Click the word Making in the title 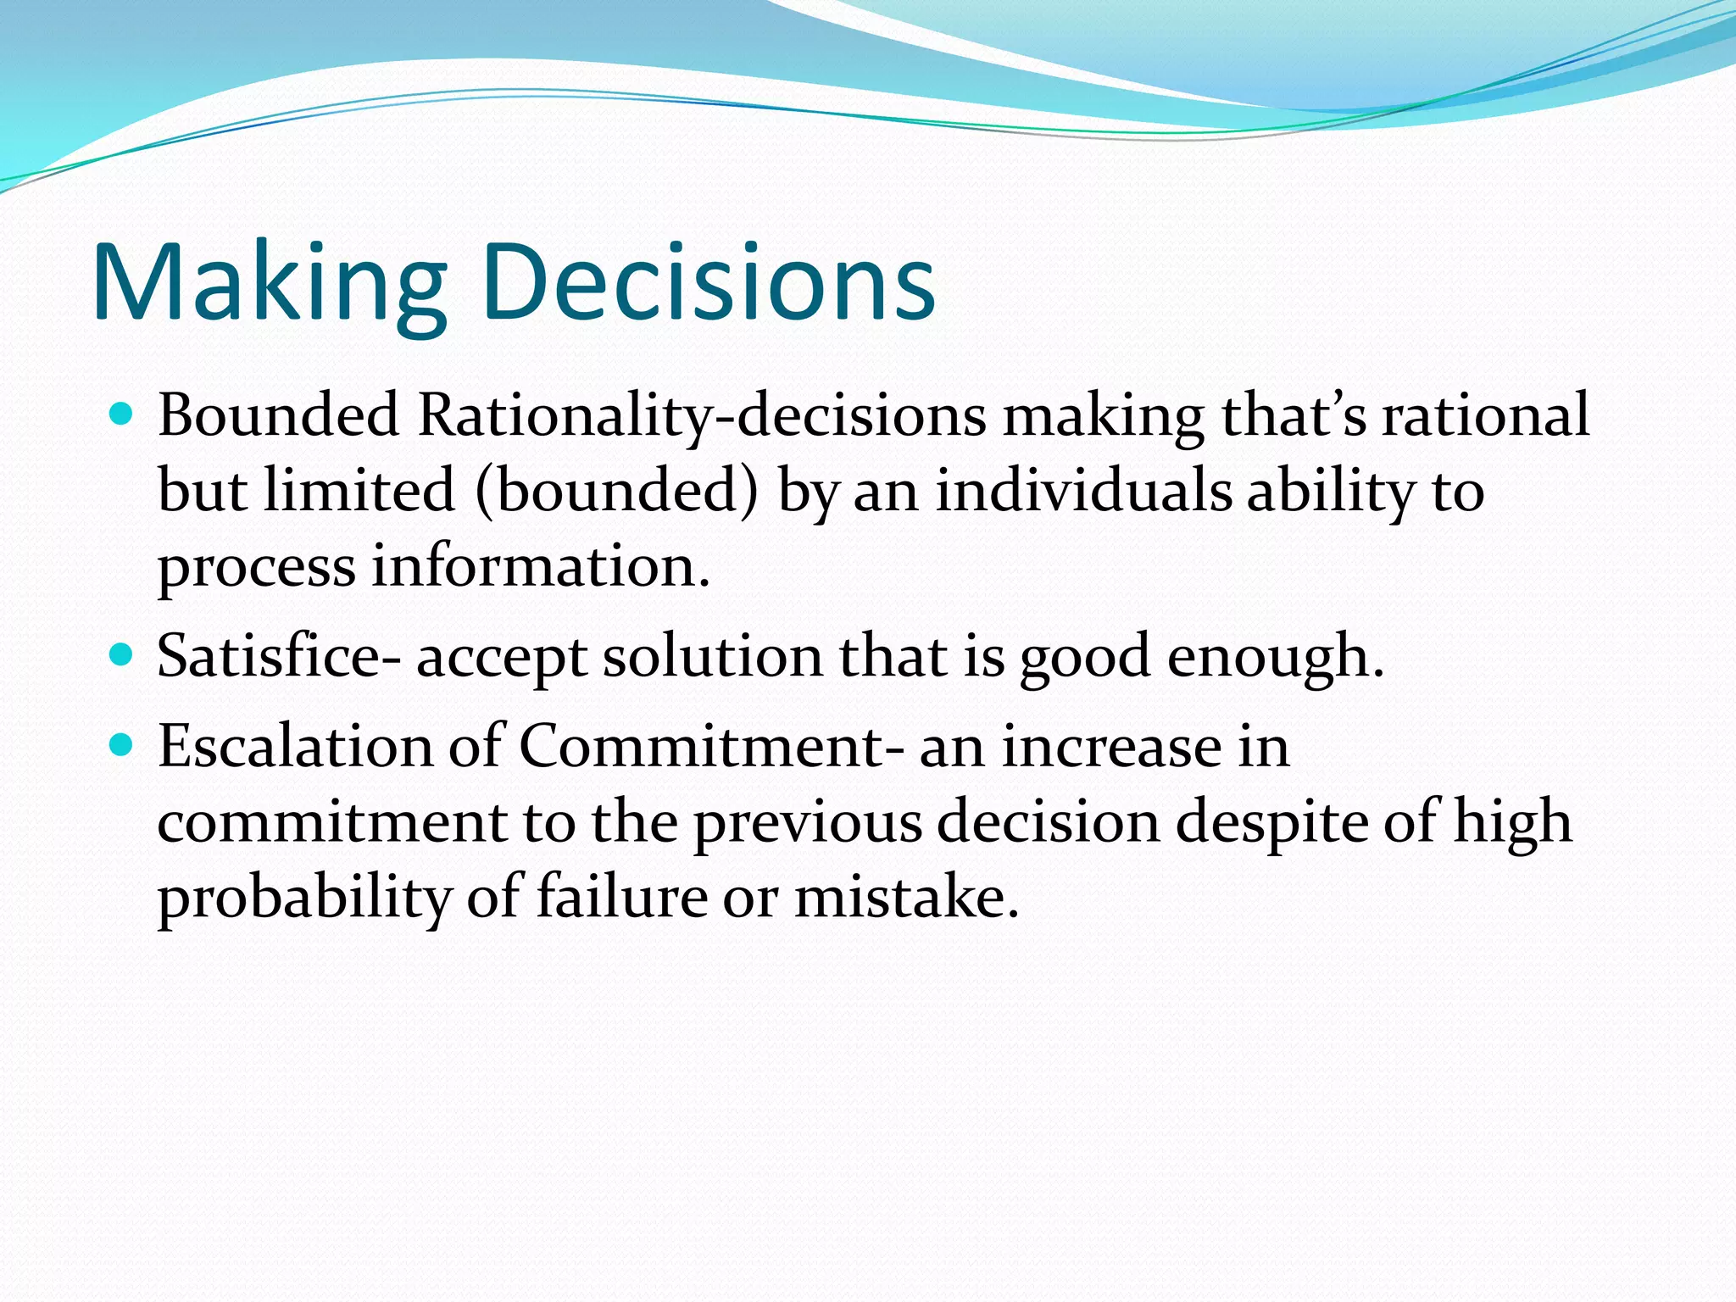(x=270, y=284)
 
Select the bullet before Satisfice (x=123, y=655)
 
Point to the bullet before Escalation (x=123, y=745)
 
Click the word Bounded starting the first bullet (x=278, y=415)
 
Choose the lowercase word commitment (x=331, y=821)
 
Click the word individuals (x=1083, y=491)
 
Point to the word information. (x=540, y=566)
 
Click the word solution (x=712, y=656)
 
